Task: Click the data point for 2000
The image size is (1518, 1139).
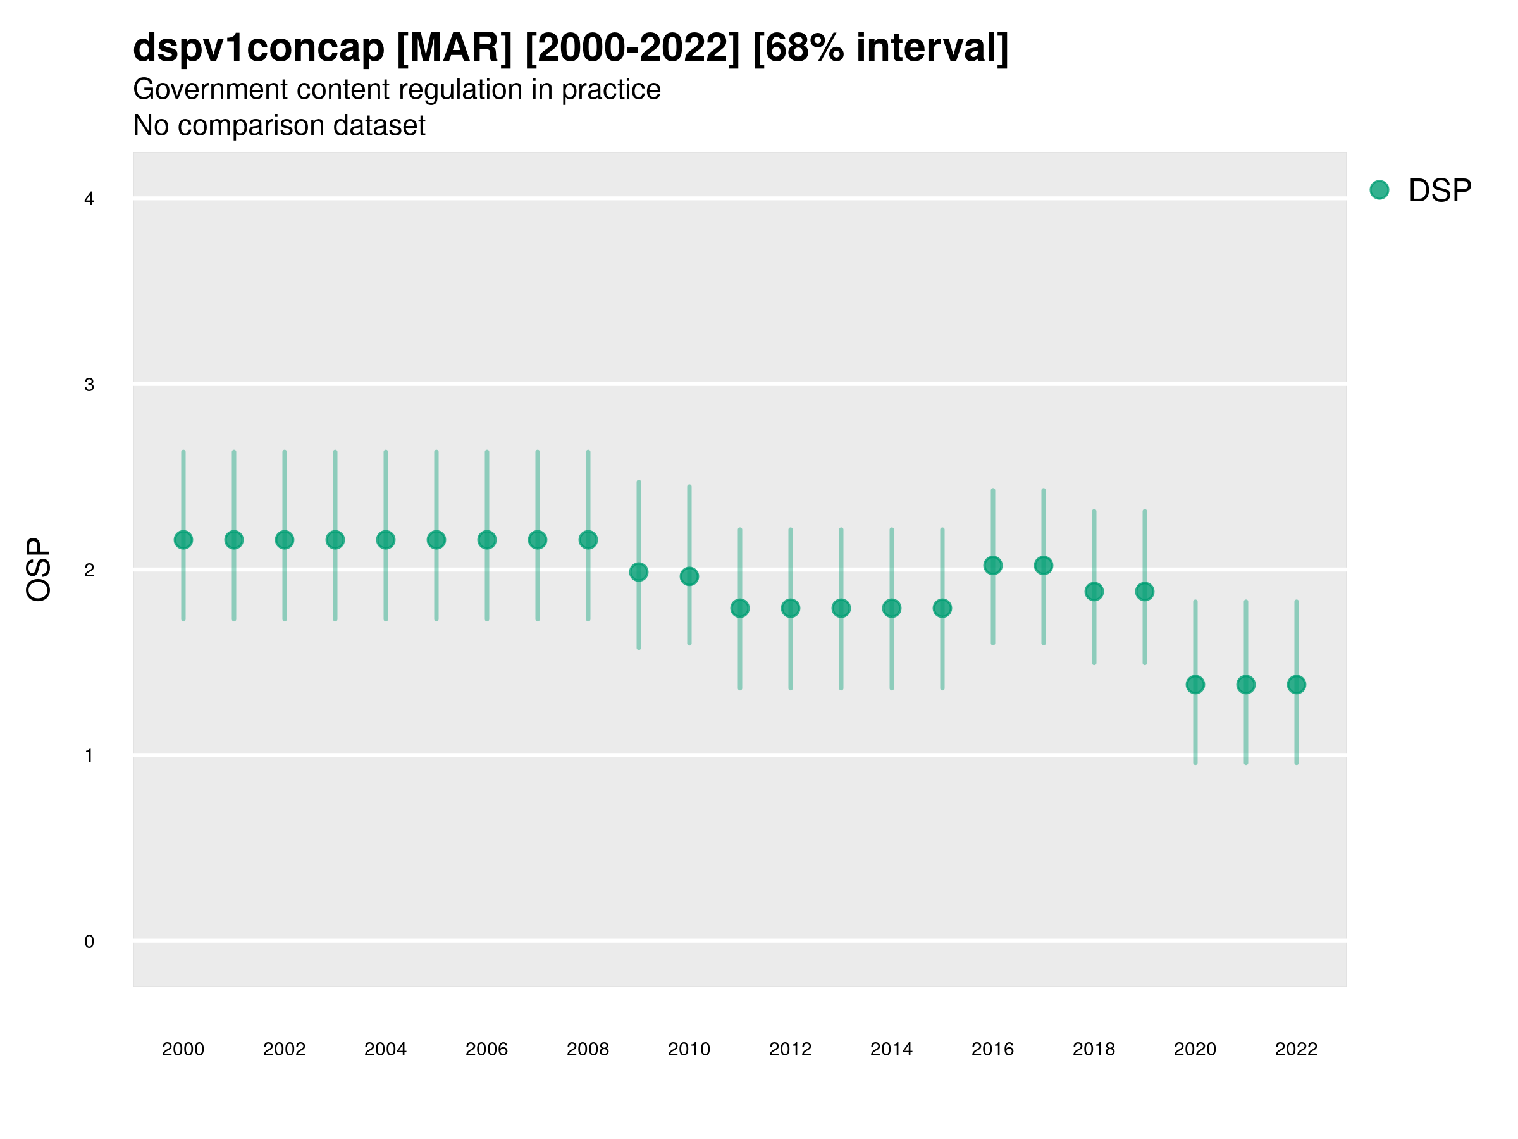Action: [x=183, y=540]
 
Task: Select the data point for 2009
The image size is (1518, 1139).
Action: [x=639, y=572]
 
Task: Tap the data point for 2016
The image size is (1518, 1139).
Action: [x=993, y=566]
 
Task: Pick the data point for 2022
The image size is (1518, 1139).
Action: [x=1297, y=685]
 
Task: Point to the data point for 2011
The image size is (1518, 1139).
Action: [x=740, y=608]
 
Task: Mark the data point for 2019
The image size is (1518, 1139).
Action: [x=1145, y=592]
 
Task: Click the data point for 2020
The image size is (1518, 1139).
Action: [x=1195, y=685]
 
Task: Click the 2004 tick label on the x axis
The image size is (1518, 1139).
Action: [x=386, y=1049]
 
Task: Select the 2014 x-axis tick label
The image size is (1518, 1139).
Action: [x=891, y=1049]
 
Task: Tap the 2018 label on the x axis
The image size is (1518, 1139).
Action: [x=1094, y=1049]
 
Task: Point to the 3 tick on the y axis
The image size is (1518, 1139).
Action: [x=89, y=385]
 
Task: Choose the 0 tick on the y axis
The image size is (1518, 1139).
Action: [x=89, y=942]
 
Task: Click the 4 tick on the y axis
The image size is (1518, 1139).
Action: [x=89, y=199]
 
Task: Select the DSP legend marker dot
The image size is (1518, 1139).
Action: [x=1379, y=190]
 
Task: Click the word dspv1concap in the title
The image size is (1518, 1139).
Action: [x=259, y=48]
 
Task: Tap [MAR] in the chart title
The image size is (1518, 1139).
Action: [x=454, y=48]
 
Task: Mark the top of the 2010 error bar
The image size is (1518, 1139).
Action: [x=689, y=486]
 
